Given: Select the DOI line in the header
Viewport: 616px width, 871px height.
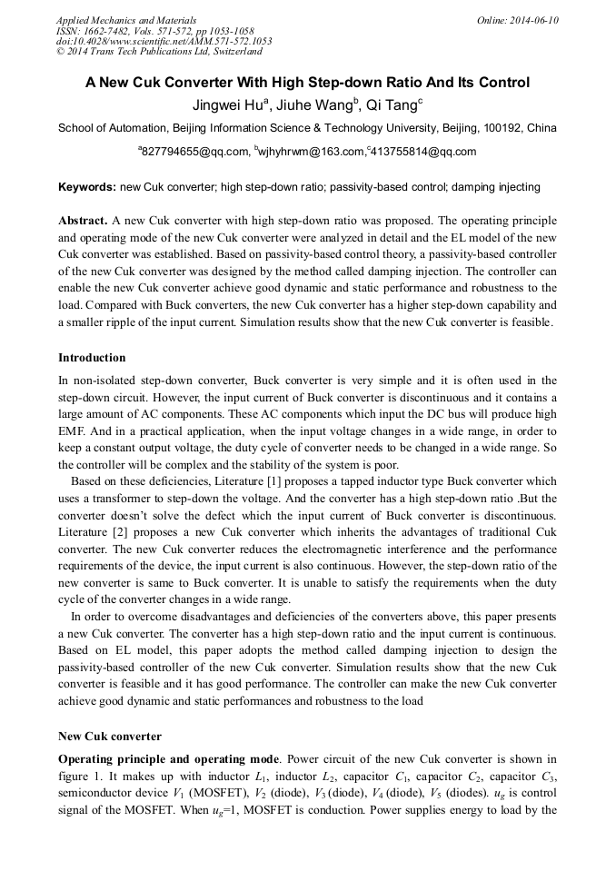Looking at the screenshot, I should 164,41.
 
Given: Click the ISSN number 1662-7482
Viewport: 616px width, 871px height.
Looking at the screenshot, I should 109,31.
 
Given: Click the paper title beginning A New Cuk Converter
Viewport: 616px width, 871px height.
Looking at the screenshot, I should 307,83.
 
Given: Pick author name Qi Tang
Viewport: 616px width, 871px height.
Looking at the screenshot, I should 393,105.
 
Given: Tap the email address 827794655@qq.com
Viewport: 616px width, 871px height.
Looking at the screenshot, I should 194,152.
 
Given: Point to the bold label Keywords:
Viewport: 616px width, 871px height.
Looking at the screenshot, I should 87,187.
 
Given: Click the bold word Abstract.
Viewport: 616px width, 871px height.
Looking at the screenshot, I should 83,221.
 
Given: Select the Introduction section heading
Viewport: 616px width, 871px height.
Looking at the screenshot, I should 92,358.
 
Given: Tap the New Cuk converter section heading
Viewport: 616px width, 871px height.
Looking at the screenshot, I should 109,736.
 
